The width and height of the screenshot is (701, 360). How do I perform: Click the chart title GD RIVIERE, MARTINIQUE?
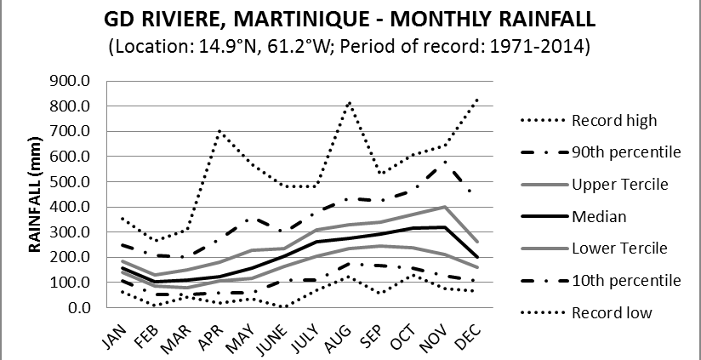350,18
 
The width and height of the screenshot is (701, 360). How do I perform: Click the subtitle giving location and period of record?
350,45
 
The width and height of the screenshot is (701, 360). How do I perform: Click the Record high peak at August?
349,102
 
